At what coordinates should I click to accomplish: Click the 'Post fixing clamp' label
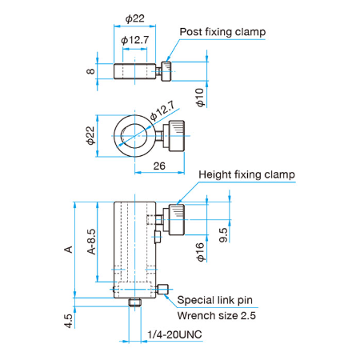(x=222, y=32)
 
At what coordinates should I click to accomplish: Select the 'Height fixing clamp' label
(x=246, y=175)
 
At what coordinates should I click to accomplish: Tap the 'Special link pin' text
(x=215, y=300)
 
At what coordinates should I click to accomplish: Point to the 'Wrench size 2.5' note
(x=217, y=316)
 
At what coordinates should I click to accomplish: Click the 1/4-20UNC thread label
(x=174, y=334)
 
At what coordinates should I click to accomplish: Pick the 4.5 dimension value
(x=68, y=321)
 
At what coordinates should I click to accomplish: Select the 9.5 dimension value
(x=223, y=235)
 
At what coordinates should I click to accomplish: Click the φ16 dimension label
(x=200, y=252)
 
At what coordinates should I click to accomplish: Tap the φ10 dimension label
(x=200, y=98)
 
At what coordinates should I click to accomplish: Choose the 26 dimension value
(x=159, y=166)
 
